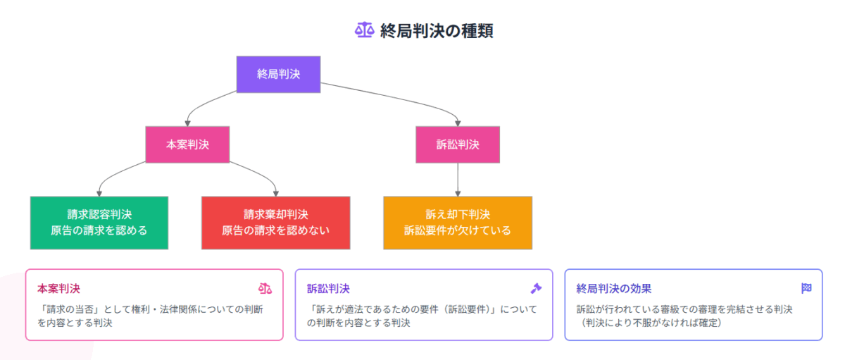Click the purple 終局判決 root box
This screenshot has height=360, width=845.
click(x=278, y=75)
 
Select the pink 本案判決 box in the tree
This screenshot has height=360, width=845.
click(x=187, y=144)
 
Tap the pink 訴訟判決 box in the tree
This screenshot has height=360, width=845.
click(x=458, y=144)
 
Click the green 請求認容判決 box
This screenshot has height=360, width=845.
click(x=99, y=223)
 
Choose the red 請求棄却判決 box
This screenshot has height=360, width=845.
click(x=276, y=223)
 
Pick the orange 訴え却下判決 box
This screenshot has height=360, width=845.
click(x=458, y=223)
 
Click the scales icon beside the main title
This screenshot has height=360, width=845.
click(x=365, y=30)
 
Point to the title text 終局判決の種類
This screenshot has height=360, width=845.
click(x=437, y=30)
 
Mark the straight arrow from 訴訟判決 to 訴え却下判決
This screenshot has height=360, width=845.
click(x=458, y=180)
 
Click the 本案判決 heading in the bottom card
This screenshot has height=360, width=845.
click(x=59, y=289)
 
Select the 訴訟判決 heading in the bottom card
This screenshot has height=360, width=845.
click(x=328, y=289)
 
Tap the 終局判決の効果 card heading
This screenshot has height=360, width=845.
click(x=614, y=289)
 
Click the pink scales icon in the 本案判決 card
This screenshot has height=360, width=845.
click(x=265, y=289)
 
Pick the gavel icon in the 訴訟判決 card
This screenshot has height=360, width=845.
click(x=536, y=289)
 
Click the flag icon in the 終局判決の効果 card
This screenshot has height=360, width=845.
click(x=806, y=288)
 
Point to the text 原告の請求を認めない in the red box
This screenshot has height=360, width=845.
click(x=276, y=230)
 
